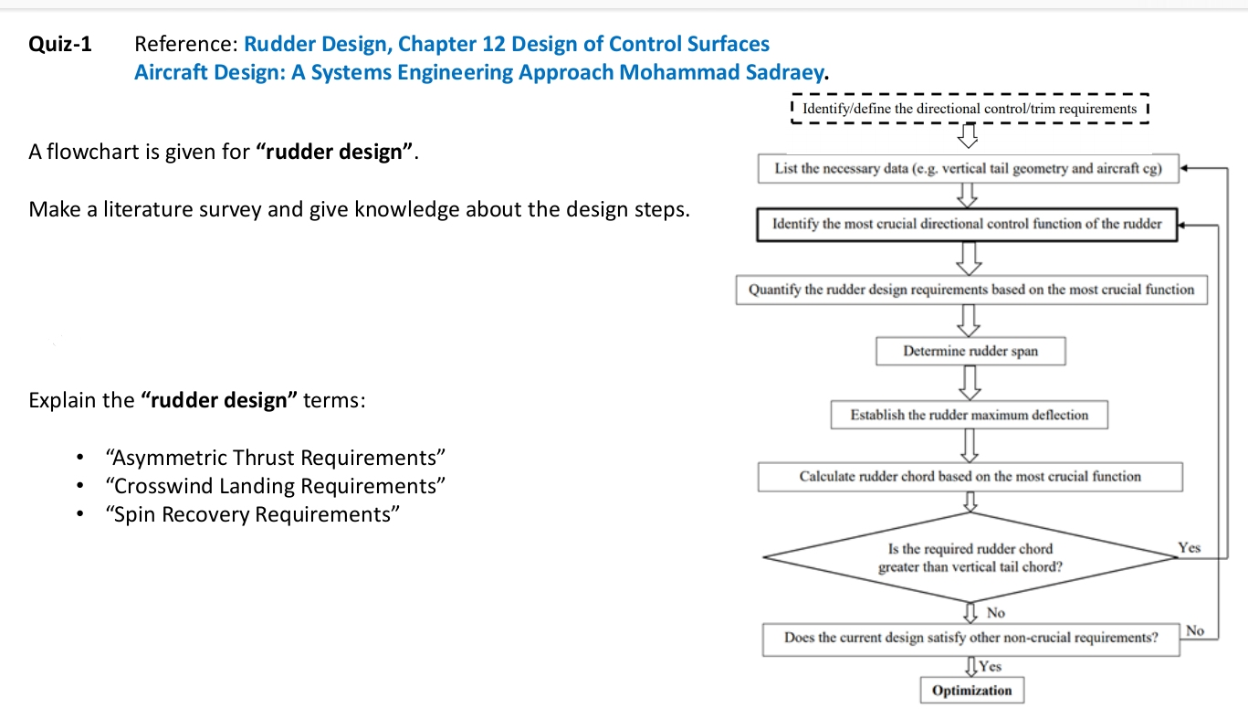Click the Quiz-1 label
coord(60,44)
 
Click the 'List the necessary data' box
coord(968,169)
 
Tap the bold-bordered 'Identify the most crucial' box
coord(967,224)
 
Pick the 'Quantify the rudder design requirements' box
coord(971,290)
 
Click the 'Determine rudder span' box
coord(970,351)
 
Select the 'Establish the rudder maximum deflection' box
coord(970,415)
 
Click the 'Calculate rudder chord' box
coord(970,476)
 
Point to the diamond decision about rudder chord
coord(970,557)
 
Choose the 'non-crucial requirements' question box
coord(970,638)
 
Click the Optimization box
coord(971,691)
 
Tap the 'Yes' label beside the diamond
coord(1190,548)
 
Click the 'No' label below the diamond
coord(995,613)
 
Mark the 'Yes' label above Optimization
coord(990,667)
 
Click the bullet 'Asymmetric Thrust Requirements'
coord(275,458)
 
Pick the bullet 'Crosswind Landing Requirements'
coord(275,486)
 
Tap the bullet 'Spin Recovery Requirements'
coord(253,514)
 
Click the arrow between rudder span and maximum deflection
coord(970,383)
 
